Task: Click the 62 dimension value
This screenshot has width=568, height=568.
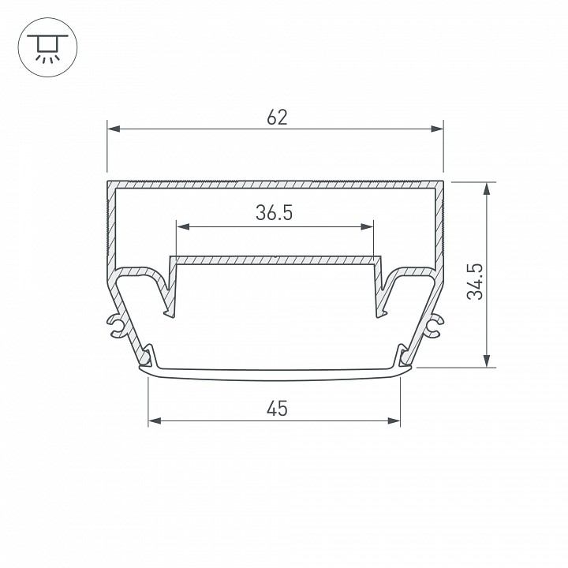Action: [x=277, y=118]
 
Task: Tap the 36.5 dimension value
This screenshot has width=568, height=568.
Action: [x=275, y=213]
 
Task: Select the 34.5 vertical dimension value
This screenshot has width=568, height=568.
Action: [x=475, y=282]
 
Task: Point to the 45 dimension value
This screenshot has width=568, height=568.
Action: [x=277, y=409]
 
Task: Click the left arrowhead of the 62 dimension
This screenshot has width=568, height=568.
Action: [x=114, y=129]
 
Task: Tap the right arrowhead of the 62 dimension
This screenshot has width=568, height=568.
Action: [x=437, y=129]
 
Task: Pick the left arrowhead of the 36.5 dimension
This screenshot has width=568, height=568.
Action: [x=183, y=227]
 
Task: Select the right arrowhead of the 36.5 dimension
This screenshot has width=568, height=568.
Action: [x=367, y=227]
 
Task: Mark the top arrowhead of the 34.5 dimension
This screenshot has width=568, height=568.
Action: [x=487, y=189]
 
